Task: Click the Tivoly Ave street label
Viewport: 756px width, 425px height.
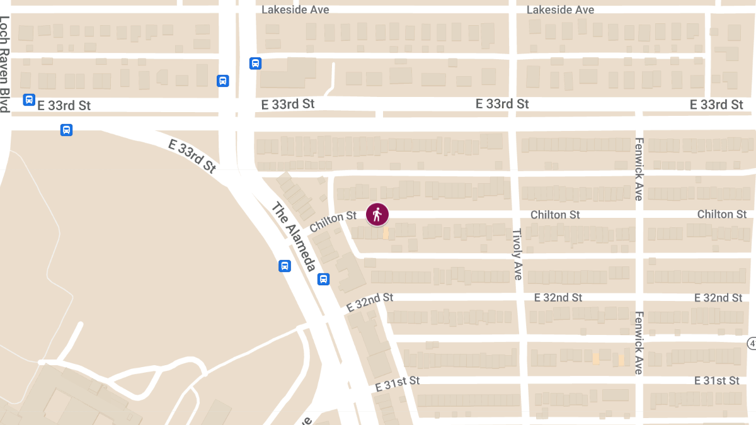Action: point(517,254)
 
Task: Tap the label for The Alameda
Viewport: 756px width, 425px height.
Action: point(293,237)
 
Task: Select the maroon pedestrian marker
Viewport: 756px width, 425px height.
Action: point(377,215)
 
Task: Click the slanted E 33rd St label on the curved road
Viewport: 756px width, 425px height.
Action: point(192,156)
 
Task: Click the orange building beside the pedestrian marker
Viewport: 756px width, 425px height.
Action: point(386,233)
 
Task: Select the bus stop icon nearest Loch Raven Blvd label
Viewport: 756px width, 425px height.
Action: point(28,99)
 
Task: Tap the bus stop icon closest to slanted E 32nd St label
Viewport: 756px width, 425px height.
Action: point(323,279)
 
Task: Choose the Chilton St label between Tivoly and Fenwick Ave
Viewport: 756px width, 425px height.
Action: point(555,215)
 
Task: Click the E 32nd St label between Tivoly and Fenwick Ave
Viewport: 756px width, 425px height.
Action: point(558,297)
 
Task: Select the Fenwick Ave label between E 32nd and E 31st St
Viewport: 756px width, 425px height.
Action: point(638,343)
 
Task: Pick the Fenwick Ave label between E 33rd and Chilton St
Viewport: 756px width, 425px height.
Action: point(638,169)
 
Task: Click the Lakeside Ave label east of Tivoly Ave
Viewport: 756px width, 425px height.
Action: point(560,10)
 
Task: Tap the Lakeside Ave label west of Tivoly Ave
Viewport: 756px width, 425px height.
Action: point(295,10)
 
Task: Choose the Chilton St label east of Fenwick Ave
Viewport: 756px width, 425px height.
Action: point(722,215)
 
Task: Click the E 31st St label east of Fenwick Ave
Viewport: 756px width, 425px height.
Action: point(717,381)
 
